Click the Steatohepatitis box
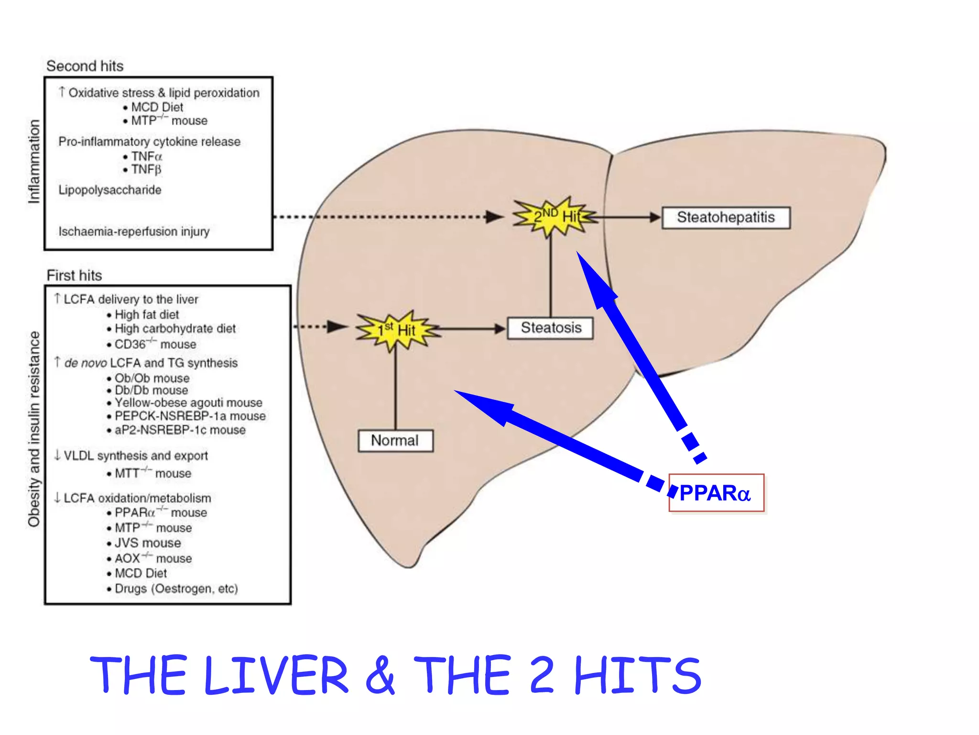[725, 218]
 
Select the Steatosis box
[550, 328]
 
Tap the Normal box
[395, 440]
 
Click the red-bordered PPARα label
[716, 493]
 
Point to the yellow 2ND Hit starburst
[555, 217]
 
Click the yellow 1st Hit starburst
[397, 330]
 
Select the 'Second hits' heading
[85, 66]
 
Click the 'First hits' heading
[74, 276]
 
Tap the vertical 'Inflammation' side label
[33, 162]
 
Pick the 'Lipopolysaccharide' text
[109, 190]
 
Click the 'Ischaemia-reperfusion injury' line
[134, 232]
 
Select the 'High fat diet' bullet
[146, 315]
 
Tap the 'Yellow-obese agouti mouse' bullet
[188, 402]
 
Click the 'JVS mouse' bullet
[148, 543]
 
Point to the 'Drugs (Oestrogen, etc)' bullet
[176, 589]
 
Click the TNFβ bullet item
[146, 169]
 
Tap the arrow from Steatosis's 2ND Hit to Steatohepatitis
[626, 217]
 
